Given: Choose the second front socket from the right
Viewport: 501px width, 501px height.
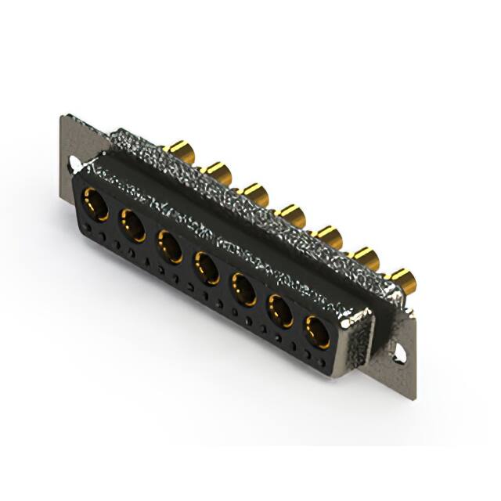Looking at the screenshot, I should [282, 312].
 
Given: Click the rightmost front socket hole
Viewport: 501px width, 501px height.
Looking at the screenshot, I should [318, 332].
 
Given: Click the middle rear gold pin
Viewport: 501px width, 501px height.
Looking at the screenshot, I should [292, 213].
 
